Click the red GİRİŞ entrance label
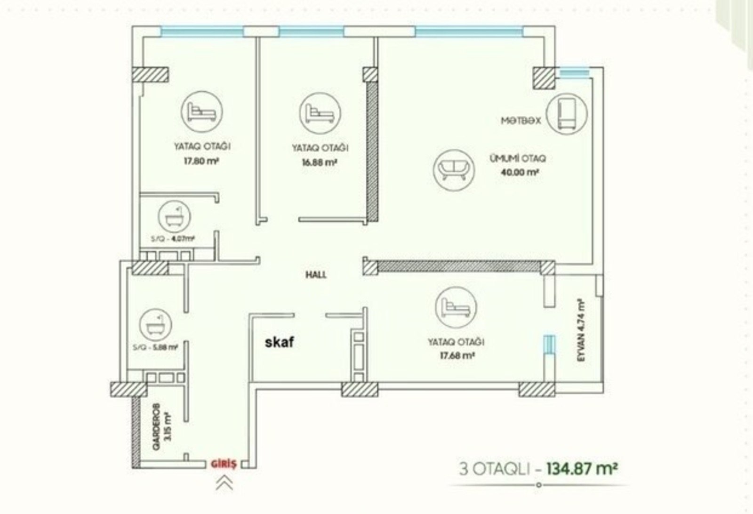pos(224,464)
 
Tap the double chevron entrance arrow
pos(224,483)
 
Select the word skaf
pos(280,342)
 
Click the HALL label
pos(316,274)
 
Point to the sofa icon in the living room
pos(454,170)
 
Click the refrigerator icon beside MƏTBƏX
pos(567,114)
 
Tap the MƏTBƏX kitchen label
pos(521,120)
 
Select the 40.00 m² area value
pos(520,172)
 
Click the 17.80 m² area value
pos(201,161)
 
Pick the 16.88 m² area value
pos(320,162)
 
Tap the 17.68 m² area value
pos(457,355)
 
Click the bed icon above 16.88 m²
pos(320,113)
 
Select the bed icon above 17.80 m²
pos(202,112)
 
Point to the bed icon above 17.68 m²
pos(456,307)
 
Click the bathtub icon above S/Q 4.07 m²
pos(174,217)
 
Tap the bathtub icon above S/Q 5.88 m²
pos(155,325)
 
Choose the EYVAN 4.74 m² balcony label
pos(581,331)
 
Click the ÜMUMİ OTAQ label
pos(518,158)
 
